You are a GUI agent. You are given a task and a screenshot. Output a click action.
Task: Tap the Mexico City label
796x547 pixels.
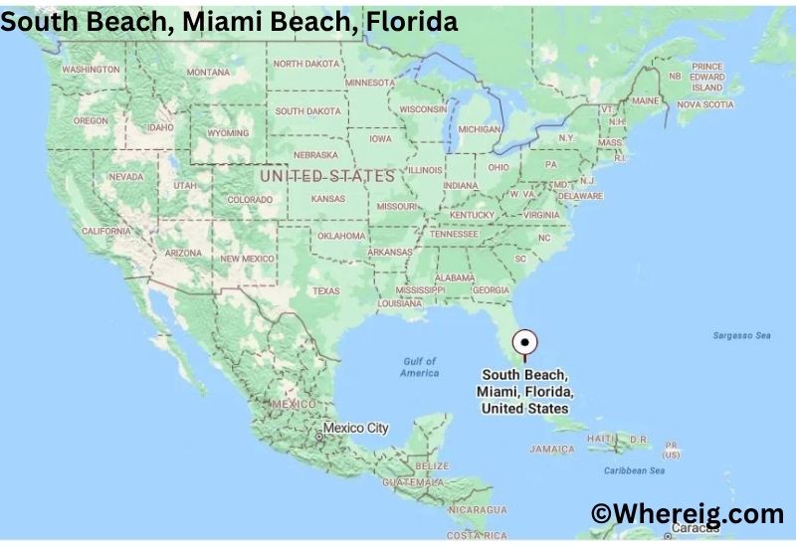[x=356, y=429]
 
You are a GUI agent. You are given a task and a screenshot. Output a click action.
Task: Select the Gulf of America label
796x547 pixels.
[x=420, y=366]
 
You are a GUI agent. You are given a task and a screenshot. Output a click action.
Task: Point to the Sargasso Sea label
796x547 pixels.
[x=741, y=336]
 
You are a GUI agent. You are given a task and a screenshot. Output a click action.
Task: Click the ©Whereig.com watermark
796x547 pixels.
[x=687, y=513]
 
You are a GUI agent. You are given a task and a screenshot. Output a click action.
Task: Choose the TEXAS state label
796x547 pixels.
[x=326, y=291]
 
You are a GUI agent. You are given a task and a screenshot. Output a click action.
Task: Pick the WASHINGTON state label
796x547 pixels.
[x=91, y=70]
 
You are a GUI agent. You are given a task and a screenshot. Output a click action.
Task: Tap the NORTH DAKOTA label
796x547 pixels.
[x=306, y=64]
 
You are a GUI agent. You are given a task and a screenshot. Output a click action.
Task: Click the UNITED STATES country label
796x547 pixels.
[x=327, y=175]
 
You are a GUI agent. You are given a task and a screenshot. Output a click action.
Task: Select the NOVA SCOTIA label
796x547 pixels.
[x=704, y=103]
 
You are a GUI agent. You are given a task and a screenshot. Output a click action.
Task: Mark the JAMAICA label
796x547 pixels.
[x=551, y=449]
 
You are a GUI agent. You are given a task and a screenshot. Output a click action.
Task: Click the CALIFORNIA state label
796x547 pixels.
[x=106, y=231]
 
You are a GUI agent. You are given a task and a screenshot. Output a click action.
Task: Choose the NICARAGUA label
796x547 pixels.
[x=472, y=509]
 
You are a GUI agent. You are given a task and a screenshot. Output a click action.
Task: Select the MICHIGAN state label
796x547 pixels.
[x=480, y=129]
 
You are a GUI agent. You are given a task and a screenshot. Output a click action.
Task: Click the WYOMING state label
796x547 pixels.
[x=228, y=133]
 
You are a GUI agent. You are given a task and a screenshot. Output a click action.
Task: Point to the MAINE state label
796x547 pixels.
[x=646, y=100]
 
